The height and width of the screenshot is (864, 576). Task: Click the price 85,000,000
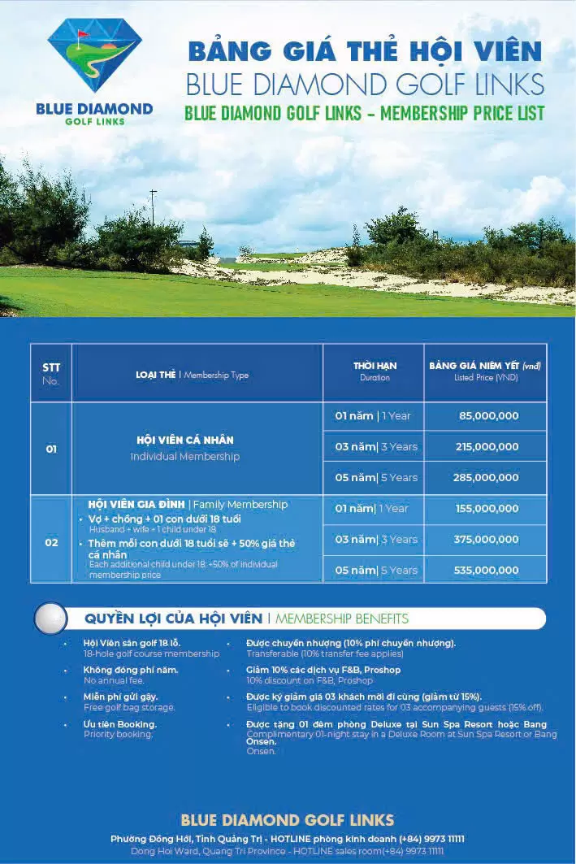point(488,416)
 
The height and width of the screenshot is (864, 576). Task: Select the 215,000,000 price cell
point(487,447)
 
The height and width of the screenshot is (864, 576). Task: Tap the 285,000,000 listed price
point(487,478)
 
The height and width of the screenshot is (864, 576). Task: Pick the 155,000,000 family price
point(487,509)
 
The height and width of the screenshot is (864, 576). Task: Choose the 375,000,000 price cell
point(487,540)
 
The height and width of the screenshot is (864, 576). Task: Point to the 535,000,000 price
point(487,571)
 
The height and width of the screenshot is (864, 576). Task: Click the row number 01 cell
point(51,449)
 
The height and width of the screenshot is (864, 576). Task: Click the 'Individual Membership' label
point(185,457)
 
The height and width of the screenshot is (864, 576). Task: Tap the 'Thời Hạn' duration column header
point(375,367)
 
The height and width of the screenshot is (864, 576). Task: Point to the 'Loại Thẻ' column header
point(156,375)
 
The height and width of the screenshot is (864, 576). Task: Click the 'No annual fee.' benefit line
point(114,680)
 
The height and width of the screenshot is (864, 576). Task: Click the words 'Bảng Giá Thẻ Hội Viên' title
point(364,51)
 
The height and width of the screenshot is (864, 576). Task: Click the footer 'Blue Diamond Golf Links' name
point(288,819)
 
